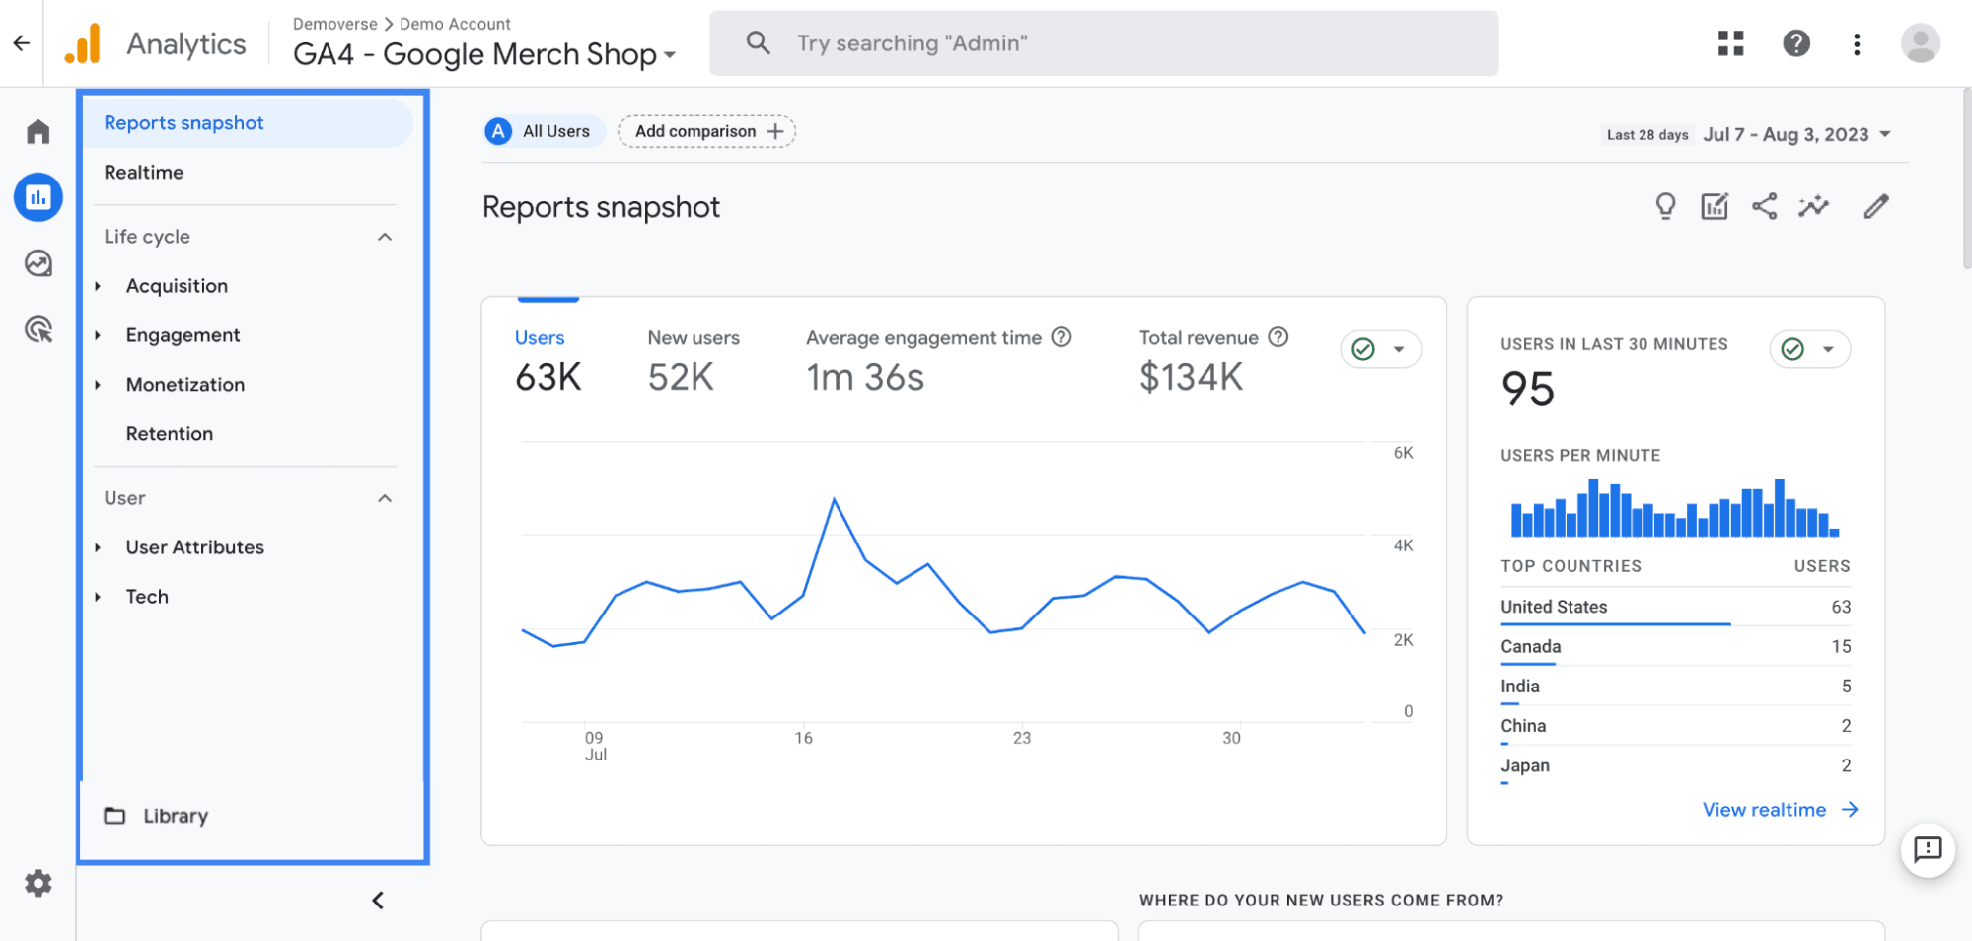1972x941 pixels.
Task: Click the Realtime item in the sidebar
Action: point(144,173)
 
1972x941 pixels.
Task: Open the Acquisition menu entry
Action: point(177,286)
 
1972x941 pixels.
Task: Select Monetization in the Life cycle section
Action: point(184,385)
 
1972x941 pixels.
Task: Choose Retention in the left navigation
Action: point(169,434)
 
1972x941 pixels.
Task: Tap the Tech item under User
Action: point(147,597)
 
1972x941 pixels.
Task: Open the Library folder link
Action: point(175,816)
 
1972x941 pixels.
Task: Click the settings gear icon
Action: point(38,883)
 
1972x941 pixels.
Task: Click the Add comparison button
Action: point(706,131)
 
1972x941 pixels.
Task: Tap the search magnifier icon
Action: point(758,42)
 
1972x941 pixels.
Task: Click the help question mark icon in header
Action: point(1796,43)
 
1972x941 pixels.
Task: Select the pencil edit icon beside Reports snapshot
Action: point(1875,206)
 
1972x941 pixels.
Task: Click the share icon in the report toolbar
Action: point(1764,206)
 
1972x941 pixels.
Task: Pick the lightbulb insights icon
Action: point(1665,206)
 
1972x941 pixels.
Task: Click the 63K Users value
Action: point(548,377)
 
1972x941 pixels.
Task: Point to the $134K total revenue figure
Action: point(1191,377)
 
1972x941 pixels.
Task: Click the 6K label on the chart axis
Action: point(1403,453)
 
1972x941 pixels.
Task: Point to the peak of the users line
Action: point(835,500)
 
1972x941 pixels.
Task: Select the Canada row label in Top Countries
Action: point(1530,647)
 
